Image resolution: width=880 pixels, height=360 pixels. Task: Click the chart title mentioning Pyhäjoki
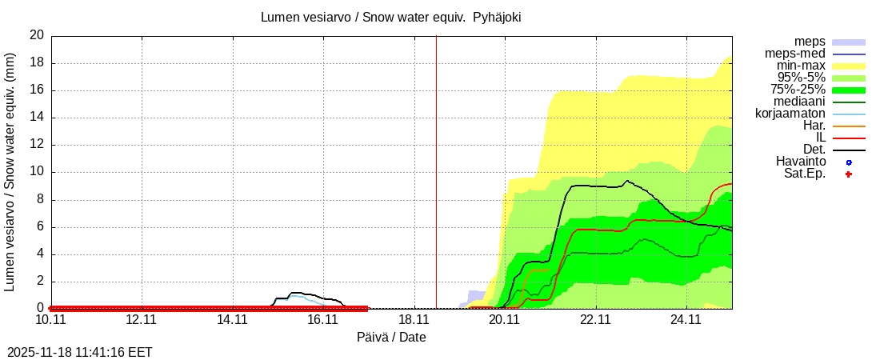[x=391, y=17]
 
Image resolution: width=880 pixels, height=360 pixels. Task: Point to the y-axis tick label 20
[x=37, y=35]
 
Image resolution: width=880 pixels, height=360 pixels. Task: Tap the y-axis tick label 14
[x=37, y=118]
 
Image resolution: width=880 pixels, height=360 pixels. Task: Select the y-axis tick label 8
[x=40, y=200]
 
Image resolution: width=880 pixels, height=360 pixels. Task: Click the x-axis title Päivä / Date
[x=391, y=338]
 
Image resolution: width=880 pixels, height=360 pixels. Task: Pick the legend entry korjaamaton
[x=790, y=114]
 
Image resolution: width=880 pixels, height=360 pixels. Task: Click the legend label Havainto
[x=801, y=162]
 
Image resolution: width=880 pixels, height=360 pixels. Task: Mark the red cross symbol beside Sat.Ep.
[x=849, y=174]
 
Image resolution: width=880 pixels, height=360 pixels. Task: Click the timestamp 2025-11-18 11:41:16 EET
[x=80, y=352]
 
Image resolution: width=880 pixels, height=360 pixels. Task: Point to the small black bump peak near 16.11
[x=294, y=293]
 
